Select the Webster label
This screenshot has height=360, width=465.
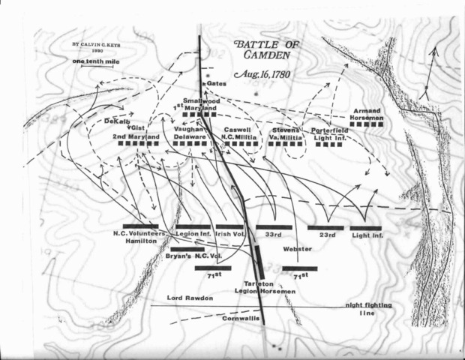pos(297,249)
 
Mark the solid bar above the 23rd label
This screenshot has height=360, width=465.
pos(325,226)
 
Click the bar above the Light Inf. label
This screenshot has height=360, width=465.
pos(367,226)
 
